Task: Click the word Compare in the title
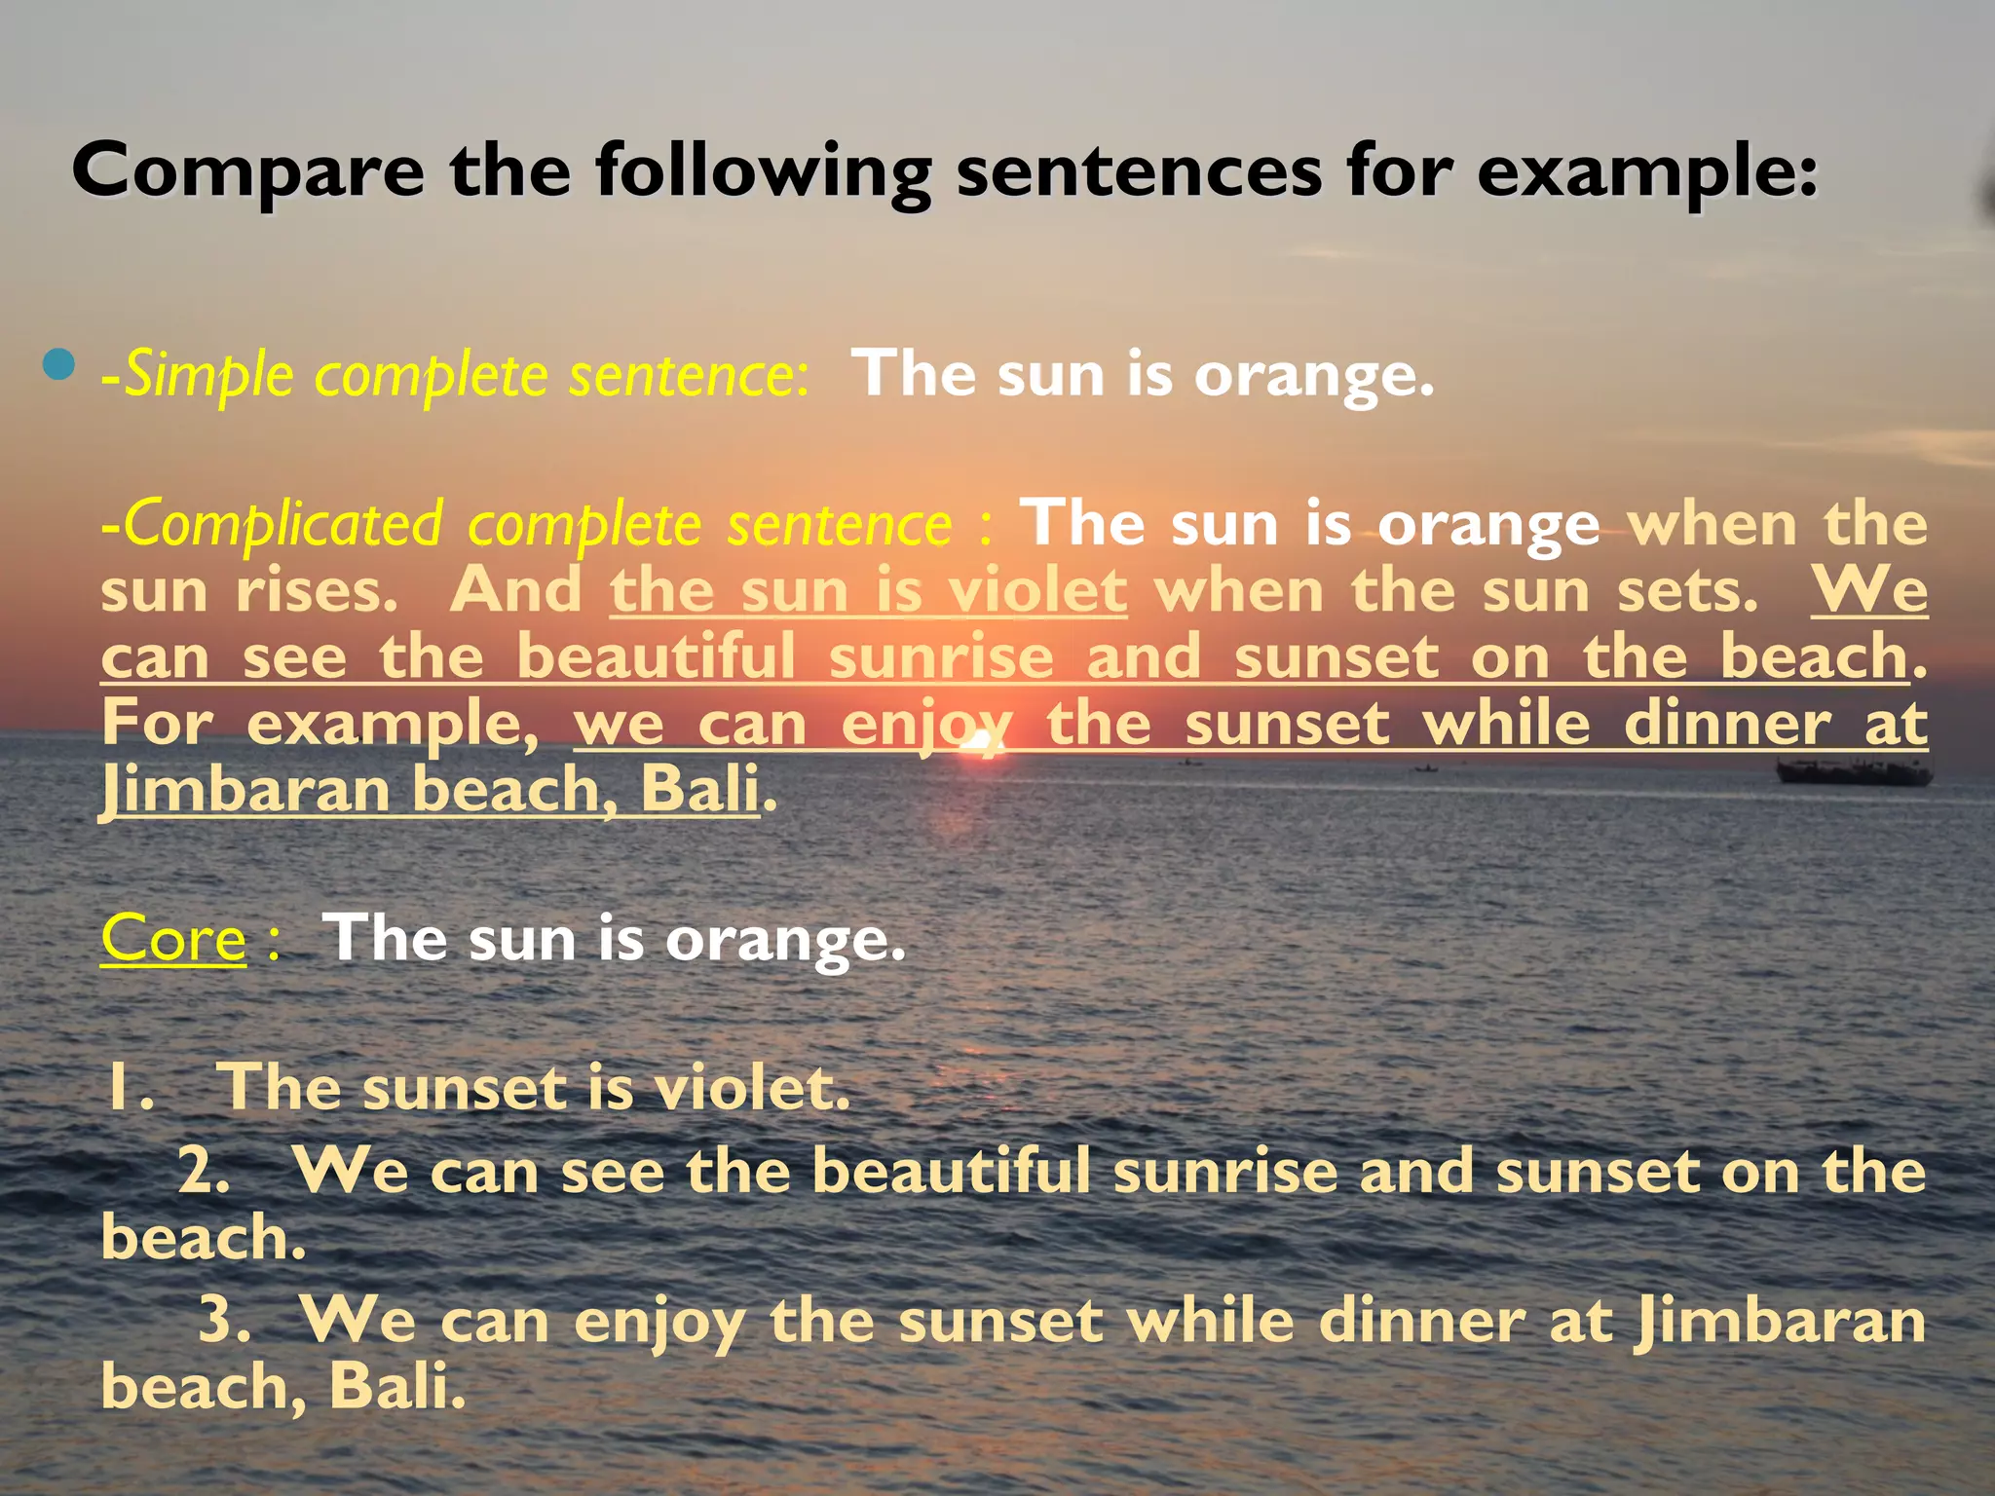(248, 172)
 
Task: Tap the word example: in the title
(1647, 172)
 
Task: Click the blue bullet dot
(59, 365)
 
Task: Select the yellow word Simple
(209, 376)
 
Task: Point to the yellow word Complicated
(283, 525)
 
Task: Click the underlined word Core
(173, 939)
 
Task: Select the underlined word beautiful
(656, 656)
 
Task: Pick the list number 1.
(129, 1088)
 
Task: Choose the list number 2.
(204, 1172)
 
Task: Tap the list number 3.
(225, 1321)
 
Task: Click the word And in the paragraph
(515, 591)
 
